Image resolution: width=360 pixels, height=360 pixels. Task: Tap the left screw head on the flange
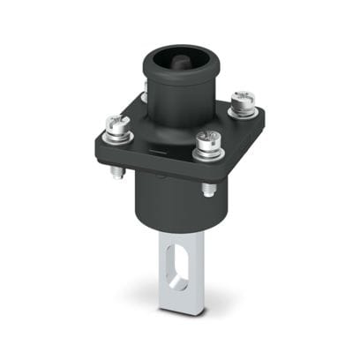click(116, 124)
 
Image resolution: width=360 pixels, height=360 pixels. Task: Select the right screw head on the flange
click(242, 99)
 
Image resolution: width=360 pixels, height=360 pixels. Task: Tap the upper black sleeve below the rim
click(176, 101)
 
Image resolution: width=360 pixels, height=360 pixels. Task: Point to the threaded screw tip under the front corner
click(207, 188)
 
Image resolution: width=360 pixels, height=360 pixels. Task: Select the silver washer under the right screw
click(243, 110)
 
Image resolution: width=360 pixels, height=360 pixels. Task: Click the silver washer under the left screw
click(116, 135)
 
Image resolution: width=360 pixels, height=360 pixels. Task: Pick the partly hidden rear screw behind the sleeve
click(143, 95)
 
